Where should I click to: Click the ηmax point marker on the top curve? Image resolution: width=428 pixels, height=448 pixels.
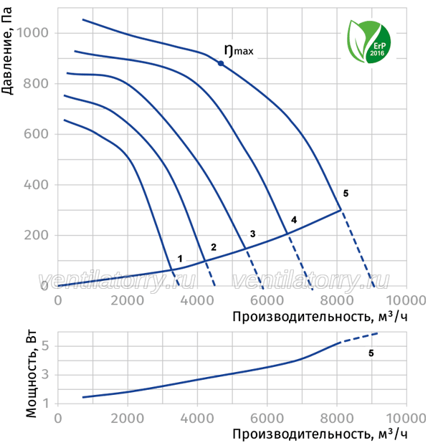(221, 63)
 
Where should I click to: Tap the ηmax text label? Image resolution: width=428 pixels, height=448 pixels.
(239, 51)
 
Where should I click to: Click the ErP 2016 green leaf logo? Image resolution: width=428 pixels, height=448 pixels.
(368, 42)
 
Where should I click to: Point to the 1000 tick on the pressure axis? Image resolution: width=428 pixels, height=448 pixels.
(33, 33)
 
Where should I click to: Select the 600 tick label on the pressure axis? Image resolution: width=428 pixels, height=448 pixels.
(37, 134)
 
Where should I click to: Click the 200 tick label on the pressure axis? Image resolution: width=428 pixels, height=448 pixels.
(37, 235)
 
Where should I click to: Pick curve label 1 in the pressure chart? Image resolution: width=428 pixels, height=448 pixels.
(180, 259)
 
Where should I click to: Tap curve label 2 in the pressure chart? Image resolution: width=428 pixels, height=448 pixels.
(214, 247)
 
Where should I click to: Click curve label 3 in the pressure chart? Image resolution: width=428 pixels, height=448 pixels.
(252, 234)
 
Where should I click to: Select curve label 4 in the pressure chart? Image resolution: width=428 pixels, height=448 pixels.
(294, 220)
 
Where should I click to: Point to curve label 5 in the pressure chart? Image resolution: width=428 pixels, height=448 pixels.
(346, 194)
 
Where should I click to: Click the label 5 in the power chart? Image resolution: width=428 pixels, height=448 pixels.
(371, 353)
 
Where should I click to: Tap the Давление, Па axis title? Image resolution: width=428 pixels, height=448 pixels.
(7, 51)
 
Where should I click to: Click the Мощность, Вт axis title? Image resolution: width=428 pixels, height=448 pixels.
(31, 374)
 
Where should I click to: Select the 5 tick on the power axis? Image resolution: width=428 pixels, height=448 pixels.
(45, 346)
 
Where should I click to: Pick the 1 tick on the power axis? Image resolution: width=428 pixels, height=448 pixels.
(46, 404)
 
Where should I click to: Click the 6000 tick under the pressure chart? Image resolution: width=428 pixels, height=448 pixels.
(267, 300)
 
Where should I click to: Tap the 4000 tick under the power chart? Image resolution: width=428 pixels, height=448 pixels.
(197, 419)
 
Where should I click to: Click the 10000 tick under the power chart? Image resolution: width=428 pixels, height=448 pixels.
(406, 419)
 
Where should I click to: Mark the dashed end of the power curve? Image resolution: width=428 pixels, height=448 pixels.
(378, 333)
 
